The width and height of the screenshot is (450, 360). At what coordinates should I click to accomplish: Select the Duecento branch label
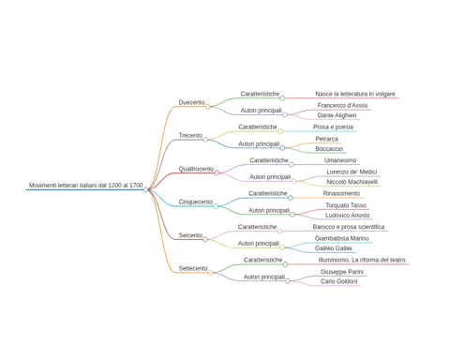coord(191,102)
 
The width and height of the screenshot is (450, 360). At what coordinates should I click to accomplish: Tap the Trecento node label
coord(190,136)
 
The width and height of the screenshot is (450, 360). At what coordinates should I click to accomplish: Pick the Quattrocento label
coord(196,169)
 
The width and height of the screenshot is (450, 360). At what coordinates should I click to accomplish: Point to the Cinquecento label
coord(196,202)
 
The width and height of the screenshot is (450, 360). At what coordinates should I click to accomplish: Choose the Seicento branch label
coord(190,235)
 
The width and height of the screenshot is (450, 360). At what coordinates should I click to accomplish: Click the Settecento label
coord(193,268)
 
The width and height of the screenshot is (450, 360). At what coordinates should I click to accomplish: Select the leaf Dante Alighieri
coord(337,115)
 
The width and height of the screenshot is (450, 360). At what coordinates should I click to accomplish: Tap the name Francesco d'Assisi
coord(342,106)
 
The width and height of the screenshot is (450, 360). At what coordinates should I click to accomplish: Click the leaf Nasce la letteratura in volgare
coord(355,94)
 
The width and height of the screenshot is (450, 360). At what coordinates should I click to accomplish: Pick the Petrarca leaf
coord(326,139)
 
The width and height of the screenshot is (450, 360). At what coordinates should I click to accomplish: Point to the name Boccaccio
coord(329,149)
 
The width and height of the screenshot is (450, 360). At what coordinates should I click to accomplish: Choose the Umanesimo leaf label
coord(340,160)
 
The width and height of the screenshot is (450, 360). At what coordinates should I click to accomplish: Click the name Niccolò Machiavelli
coord(352,182)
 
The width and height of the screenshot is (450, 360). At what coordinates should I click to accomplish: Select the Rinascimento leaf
coord(341,193)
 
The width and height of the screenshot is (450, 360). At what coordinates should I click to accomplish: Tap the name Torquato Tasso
coord(346,205)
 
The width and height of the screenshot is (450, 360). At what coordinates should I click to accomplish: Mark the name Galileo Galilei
coord(334,248)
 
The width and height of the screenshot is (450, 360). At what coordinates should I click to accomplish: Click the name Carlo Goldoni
coord(338,281)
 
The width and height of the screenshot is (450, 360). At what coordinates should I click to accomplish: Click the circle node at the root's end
coord(145,189)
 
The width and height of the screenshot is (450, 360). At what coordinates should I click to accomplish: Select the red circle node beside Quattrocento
coord(217,173)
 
